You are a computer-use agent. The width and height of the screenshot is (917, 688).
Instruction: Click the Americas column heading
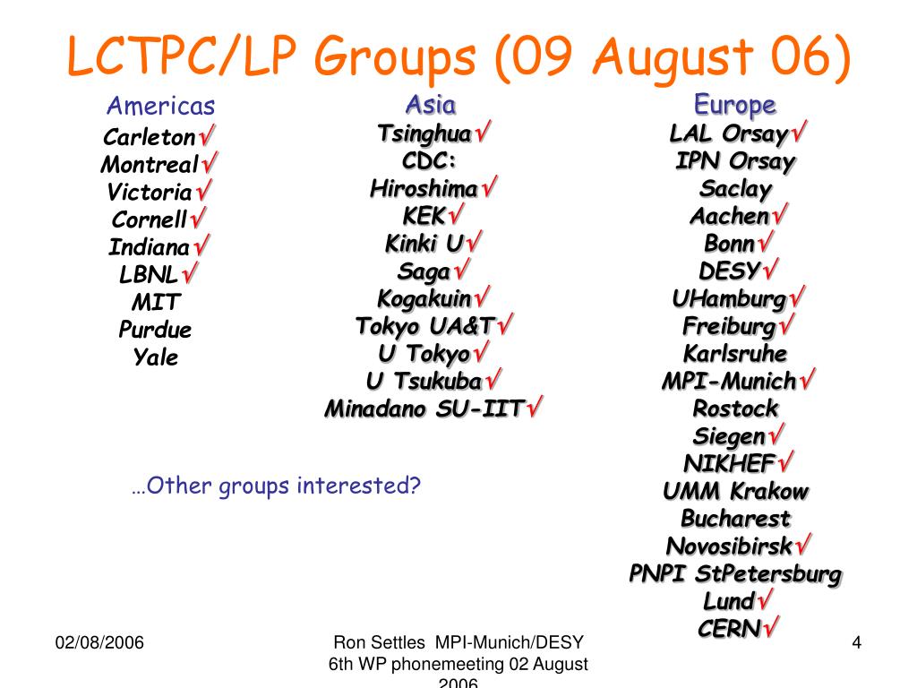tap(160, 107)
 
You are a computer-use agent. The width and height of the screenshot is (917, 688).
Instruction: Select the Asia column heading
tap(430, 105)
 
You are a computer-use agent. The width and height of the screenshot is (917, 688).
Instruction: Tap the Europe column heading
tap(735, 105)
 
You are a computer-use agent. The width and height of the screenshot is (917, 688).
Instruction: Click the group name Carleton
tap(150, 138)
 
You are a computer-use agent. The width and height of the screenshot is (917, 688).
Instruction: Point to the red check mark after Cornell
tap(199, 218)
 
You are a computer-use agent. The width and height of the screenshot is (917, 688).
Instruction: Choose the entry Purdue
tap(155, 330)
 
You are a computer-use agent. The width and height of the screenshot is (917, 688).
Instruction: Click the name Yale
tap(156, 357)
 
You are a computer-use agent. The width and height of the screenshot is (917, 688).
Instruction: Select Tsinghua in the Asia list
tap(424, 134)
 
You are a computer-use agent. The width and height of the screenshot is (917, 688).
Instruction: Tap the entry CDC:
tap(430, 161)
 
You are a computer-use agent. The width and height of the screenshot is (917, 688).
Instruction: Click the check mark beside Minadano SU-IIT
tap(536, 408)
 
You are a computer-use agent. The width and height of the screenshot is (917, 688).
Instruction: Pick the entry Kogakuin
tap(424, 298)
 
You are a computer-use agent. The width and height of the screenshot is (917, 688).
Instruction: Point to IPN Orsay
tap(735, 162)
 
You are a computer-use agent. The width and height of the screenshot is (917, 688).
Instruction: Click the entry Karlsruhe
tap(735, 352)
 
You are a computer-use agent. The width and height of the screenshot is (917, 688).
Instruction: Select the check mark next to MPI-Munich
tap(807, 381)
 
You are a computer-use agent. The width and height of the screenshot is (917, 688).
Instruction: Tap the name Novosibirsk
tap(730, 546)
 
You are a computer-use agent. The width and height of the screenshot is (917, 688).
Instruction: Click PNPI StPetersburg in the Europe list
tap(735, 573)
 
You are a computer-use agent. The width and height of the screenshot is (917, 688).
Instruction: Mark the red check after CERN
tap(769, 628)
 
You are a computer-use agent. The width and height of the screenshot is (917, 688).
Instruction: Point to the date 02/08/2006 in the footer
tap(100, 643)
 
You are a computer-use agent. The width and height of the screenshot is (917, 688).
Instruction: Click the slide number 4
tap(856, 643)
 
